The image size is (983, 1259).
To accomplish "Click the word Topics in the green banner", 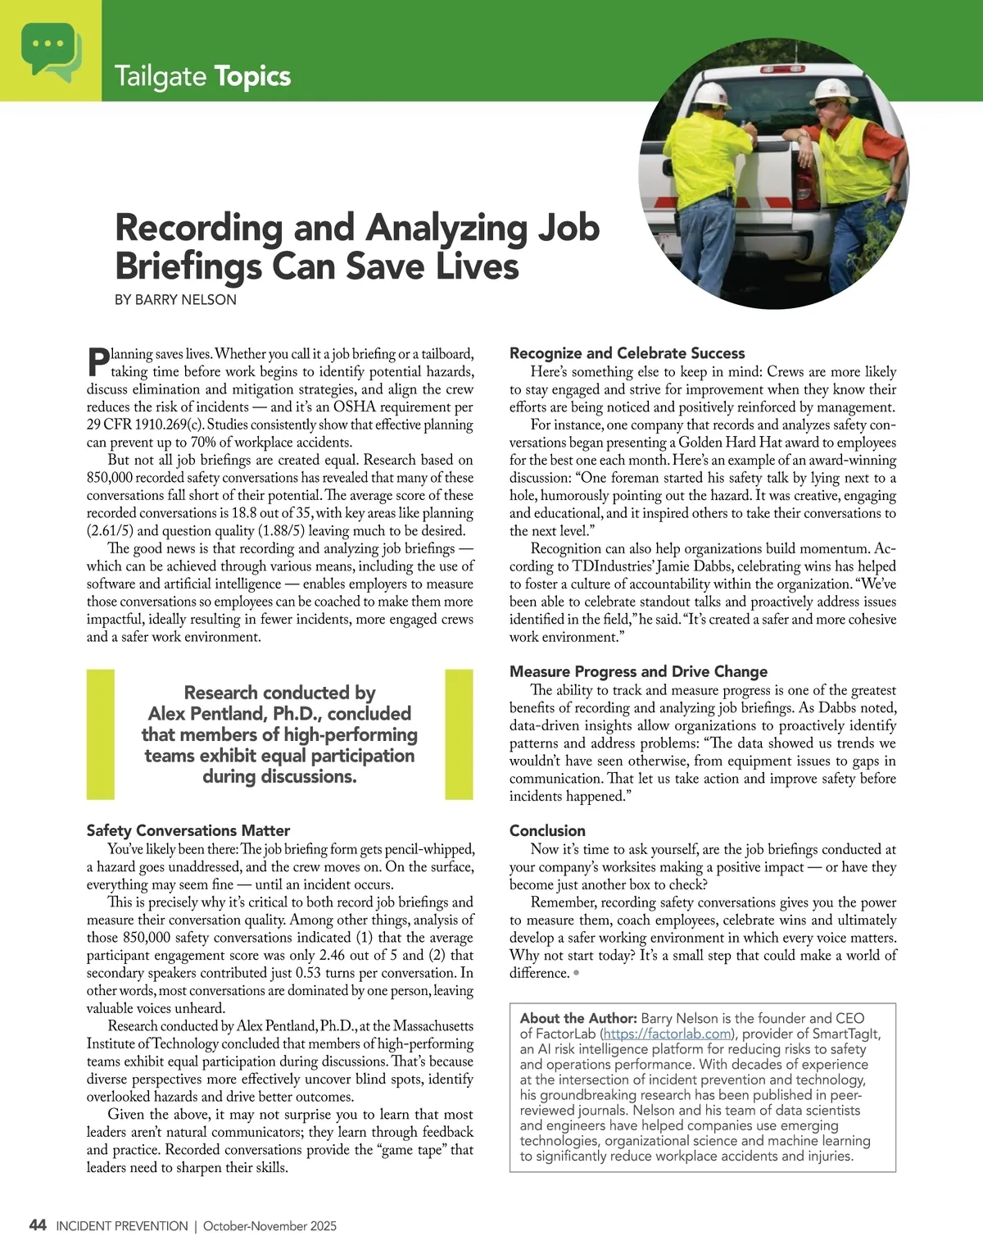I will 252,76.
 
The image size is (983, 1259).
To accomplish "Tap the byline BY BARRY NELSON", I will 175,300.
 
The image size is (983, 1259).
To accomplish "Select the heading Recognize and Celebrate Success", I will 627,353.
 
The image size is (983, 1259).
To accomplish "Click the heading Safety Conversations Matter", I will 188,830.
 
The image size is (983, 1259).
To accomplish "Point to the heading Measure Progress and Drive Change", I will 638,671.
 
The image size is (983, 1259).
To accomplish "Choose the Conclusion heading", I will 547,830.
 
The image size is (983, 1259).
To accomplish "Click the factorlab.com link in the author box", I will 667,1034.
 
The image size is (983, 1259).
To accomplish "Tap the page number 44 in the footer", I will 38,1225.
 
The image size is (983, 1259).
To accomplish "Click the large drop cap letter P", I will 97,363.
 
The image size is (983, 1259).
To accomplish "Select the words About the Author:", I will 578,1019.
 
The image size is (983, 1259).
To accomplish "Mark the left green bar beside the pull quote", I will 100,734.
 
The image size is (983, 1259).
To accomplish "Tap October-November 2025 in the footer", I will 270,1226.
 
